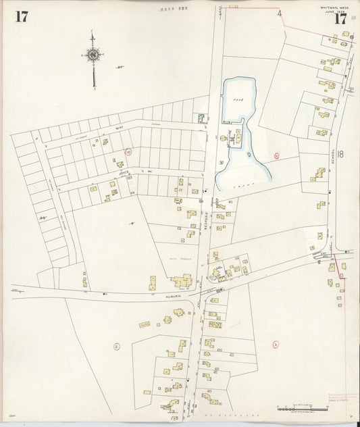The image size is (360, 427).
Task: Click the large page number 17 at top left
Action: click(x=21, y=17)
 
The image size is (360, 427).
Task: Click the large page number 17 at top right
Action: click(x=339, y=19)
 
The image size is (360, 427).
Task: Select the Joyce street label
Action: click(x=124, y=174)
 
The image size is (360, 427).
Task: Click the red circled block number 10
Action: click(x=128, y=153)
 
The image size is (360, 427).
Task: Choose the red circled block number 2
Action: click(x=116, y=347)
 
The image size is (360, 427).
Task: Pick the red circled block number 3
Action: click(x=276, y=345)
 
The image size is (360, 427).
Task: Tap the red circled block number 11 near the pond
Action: click(x=276, y=156)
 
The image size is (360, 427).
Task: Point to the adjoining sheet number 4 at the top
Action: click(x=278, y=13)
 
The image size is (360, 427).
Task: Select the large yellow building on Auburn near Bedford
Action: click(x=182, y=281)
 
